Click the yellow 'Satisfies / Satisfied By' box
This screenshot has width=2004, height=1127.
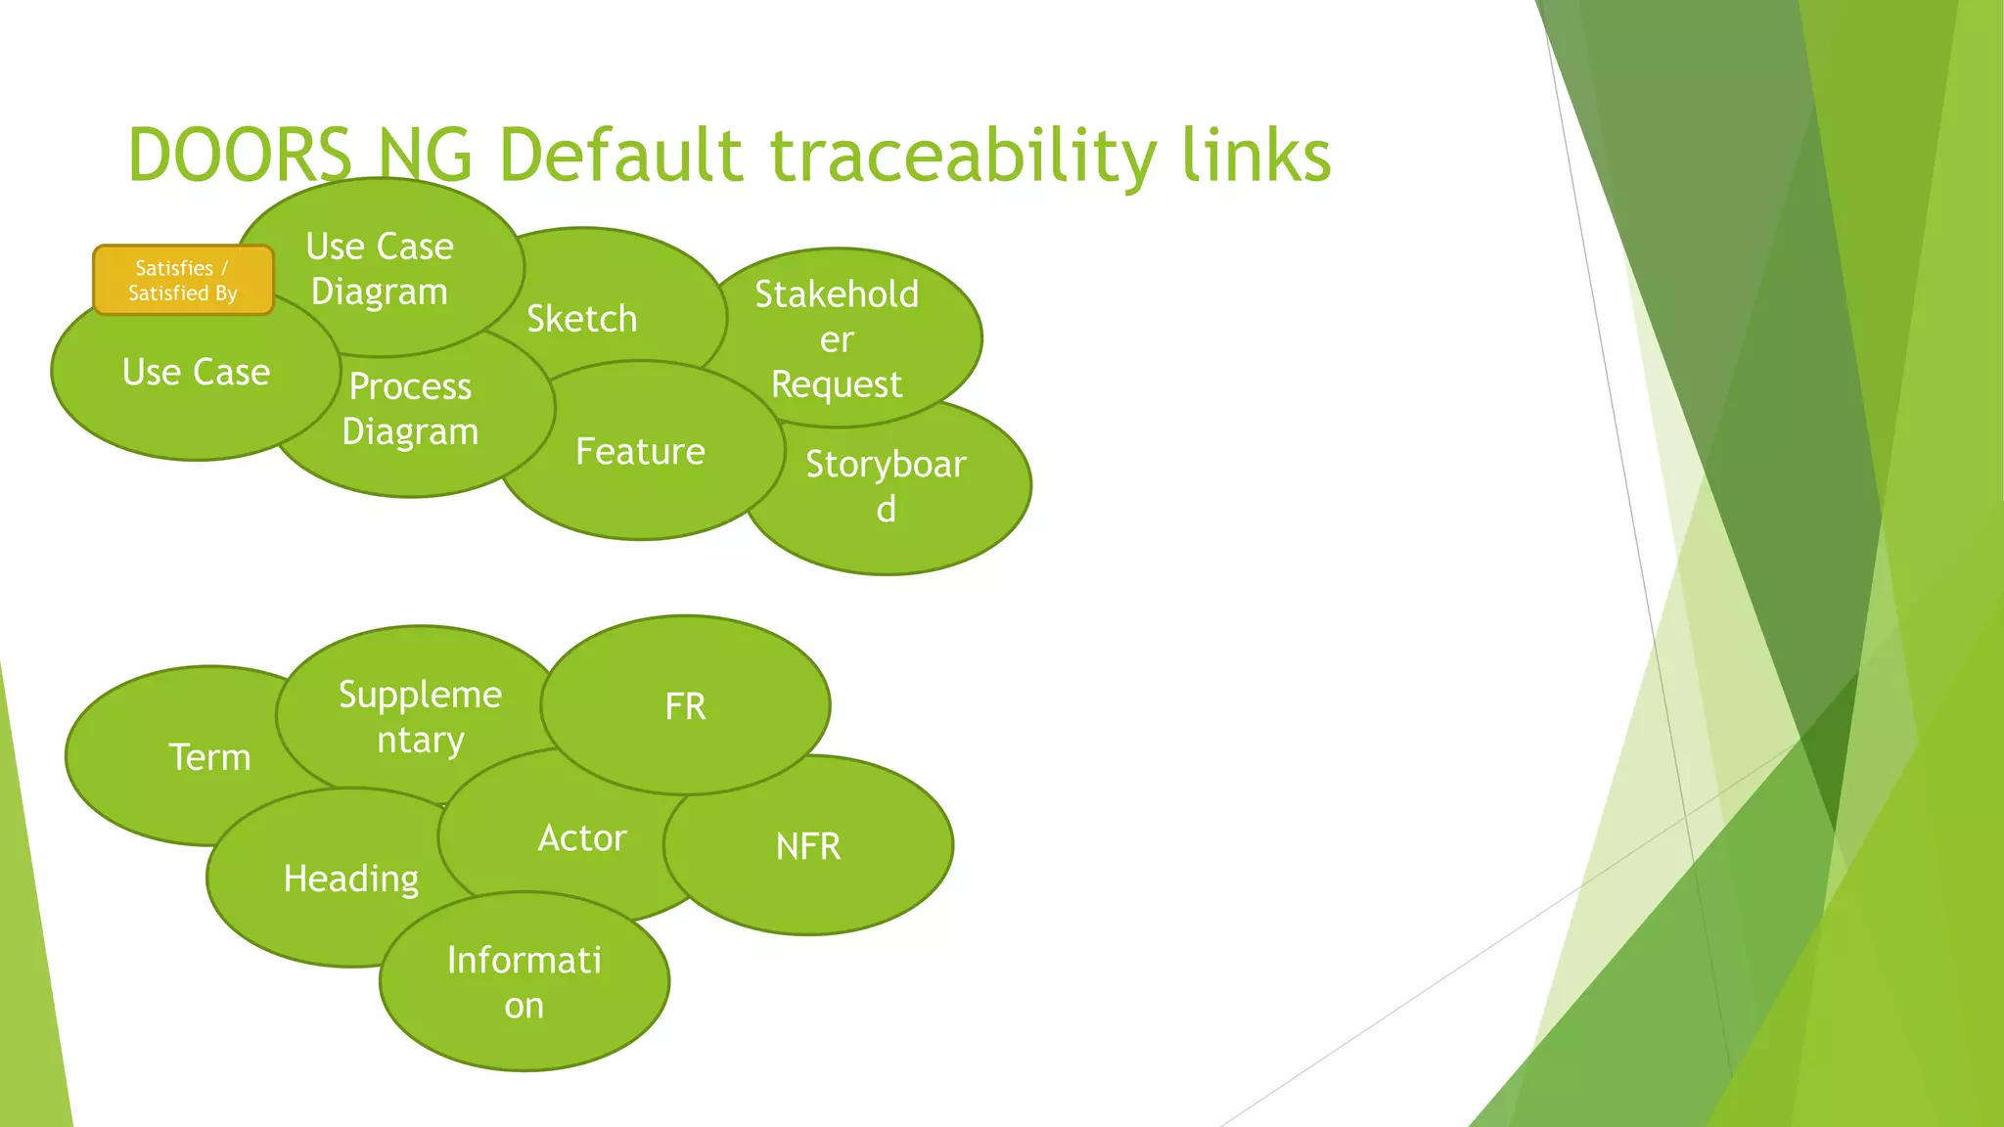click(183, 280)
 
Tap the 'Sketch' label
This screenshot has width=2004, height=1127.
click(582, 319)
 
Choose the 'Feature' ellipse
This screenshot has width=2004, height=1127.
click(641, 451)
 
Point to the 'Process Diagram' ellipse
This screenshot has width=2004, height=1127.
click(410, 409)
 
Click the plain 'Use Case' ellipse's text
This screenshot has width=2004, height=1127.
click(196, 372)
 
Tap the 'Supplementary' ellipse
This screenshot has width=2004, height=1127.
click(421, 716)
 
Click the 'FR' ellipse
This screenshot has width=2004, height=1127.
click(685, 705)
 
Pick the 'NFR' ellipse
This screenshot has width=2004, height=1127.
click(808, 846)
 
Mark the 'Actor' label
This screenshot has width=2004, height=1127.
click(581, 838)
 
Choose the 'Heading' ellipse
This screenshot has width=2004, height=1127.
click(350, 879)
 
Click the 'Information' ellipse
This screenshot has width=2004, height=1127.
click(524, 982)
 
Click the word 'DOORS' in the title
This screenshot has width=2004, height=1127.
click(239, 155)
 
